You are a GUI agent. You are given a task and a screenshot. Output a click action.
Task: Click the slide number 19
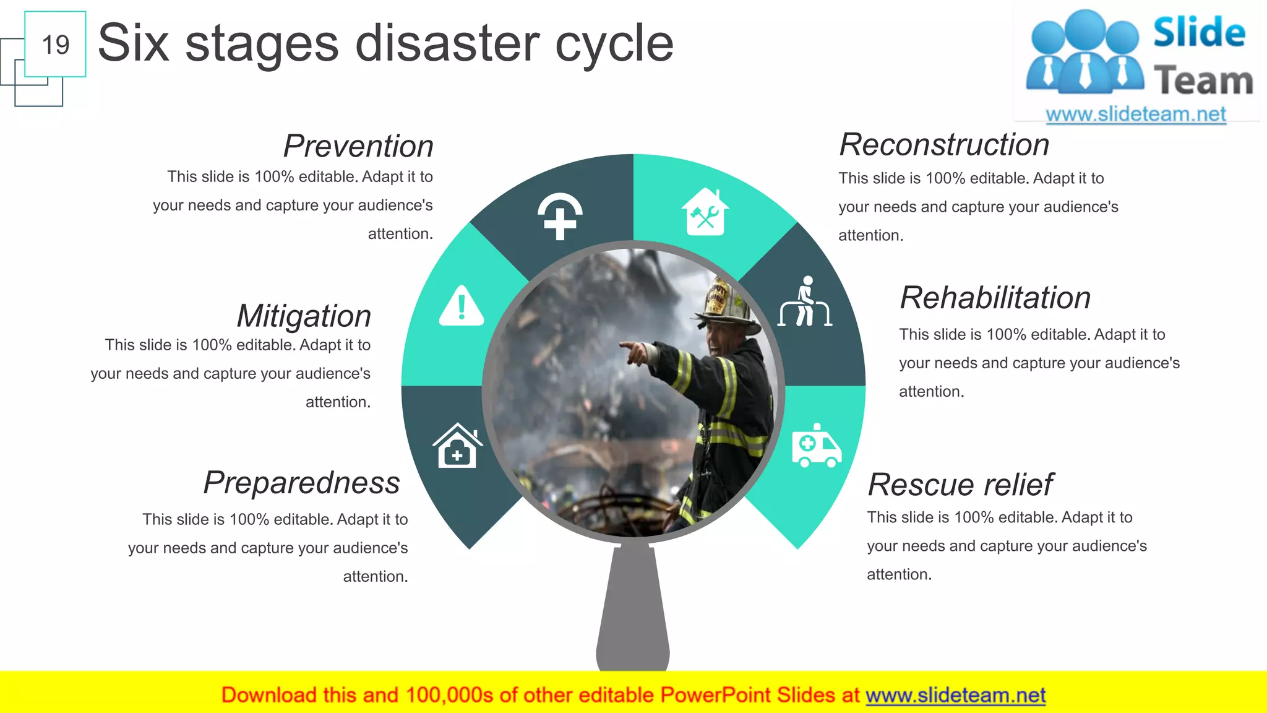coord(55,45)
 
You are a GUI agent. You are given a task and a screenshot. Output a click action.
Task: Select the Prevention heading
coord(358,146)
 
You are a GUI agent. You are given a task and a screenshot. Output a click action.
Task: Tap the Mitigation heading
coord(304,316)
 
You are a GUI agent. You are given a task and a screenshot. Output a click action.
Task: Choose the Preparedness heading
coord(302,483)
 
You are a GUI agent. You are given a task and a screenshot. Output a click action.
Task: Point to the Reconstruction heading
coord(944,145)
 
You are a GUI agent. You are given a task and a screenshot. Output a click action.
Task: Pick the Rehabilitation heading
coord(995,298)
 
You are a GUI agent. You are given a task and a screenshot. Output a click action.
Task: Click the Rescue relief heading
coord(960,485)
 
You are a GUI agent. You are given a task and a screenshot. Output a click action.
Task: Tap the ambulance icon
coord(816,446)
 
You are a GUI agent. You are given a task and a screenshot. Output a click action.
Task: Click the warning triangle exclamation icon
coord(462,306)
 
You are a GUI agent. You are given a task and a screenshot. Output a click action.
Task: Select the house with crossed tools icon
coord(705,212)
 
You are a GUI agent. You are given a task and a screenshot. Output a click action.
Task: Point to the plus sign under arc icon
coord(560,216)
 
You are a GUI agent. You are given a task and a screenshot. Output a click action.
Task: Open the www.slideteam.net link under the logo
coord(1135,114)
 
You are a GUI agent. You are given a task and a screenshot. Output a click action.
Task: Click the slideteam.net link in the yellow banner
coord(955,695)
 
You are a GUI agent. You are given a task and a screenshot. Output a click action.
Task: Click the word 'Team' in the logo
coord(1203,81)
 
